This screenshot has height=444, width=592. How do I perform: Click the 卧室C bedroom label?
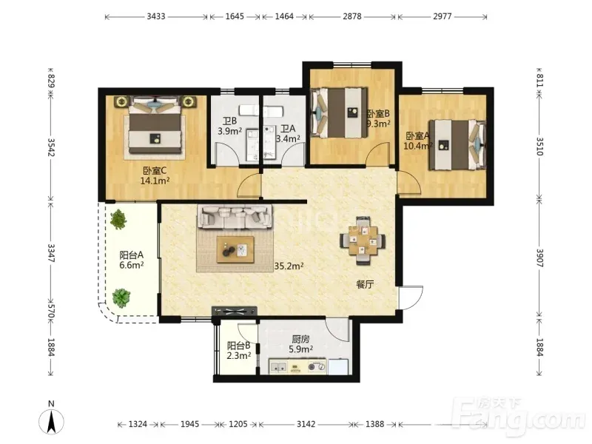click(155, 172)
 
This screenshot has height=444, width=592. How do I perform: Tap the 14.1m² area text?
click(155, 181)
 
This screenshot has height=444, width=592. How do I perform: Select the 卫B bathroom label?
click(229, 121)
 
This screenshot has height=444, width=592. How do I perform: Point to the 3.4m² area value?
click(288, 138)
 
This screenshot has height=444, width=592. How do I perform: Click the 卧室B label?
click(378, 113)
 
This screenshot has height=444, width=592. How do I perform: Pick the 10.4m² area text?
click(417, 146)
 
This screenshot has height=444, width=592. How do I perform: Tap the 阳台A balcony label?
click(132, 255)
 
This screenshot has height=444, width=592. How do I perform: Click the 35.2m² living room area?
click(289, 266)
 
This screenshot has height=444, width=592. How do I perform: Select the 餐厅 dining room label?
click(365, 284)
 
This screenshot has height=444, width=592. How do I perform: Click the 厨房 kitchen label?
click(301, 340)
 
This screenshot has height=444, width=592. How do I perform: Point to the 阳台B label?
click(238, 346)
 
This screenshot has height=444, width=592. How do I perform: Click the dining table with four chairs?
click(363, 240)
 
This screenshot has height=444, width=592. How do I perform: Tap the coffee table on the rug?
click(235, 249)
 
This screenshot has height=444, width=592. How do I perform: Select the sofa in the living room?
click(235, 217)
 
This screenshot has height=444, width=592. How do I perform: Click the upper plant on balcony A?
click(118, 220)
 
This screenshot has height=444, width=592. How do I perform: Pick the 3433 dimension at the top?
click(156, 16)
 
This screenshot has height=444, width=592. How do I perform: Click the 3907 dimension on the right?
click(539, 258)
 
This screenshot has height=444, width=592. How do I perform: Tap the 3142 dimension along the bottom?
click(306, 424)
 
